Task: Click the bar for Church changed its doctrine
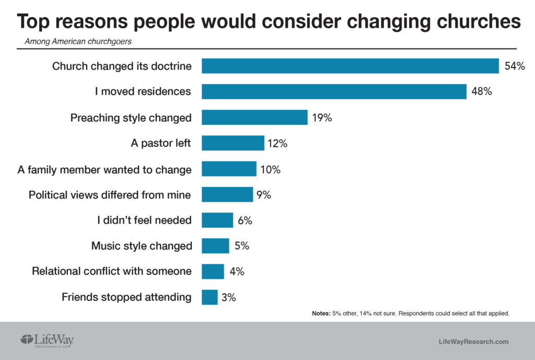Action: point(350,66)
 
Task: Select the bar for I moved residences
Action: point(334,92)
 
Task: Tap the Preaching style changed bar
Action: point(254,118)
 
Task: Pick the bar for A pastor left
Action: point(233,143)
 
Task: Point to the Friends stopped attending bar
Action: point(210,297)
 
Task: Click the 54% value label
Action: point(514,66)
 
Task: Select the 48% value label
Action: point(482,92)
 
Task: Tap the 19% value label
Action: point(322,118)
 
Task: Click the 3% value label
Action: point(228,297)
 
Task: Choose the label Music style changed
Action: point(142,246)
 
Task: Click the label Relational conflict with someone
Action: point(112,272)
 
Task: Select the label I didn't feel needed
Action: point(144,220)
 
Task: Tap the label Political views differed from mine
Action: point(110,195)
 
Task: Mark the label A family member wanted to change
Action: point(104,169)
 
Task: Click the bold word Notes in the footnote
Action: point(321,313)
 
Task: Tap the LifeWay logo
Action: point(47,341)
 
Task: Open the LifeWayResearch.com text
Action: point(473,342)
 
